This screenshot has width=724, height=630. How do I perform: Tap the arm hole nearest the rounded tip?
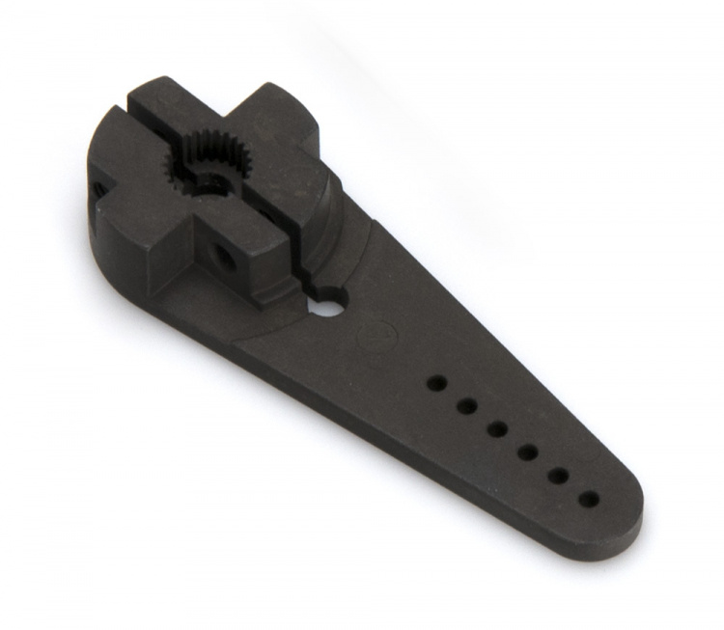(589, 499)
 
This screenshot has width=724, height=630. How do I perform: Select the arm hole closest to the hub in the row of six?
(436, 383)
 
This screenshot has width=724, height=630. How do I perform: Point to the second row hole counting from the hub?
(466, 406)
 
